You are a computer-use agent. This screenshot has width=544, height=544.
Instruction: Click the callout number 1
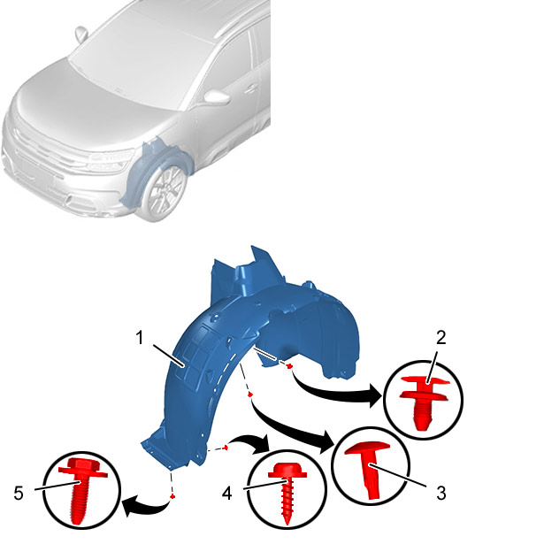pyautogui.click(x=140, y=337)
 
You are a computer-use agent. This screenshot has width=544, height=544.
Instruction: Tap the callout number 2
pyautogui.click(x=441, y=337)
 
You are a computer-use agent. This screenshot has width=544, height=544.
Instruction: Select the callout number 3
pyautogui.click(x=441, y=493)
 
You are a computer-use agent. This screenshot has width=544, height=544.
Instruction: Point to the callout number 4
pyautogui.click(x=227, y=493)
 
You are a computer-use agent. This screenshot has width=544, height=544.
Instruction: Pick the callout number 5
pyautogui.click(x=19, y=493)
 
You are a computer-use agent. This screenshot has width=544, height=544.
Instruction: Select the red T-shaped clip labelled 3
pyautogui.click(x=369, y=469)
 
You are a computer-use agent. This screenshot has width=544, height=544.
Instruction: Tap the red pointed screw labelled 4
pyautogui.click(x=287, y=493)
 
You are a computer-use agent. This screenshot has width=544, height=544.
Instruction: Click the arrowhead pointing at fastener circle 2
pyautogui.click(x=376, y=395)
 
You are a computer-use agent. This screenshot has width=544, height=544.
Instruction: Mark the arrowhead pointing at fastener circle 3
pyautogui.click(x=327, y=442)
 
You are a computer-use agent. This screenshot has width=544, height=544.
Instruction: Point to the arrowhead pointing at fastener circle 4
pyautogui.click(x=264, y=444)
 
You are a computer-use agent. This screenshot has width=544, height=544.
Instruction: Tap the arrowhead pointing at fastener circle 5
pyautogui.click(x=129, y=506)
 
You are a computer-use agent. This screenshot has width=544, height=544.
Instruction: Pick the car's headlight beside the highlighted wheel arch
pyautogui.click(x=111, y=160)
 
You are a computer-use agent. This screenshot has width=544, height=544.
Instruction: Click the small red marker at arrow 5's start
pyautogui.click(x=172, y=497)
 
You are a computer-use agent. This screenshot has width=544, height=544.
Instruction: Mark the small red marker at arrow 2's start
pyautogui.click(x=289, y=365)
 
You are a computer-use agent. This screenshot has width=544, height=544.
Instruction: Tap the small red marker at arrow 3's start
pyautogui.click(x=249, y=395)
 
